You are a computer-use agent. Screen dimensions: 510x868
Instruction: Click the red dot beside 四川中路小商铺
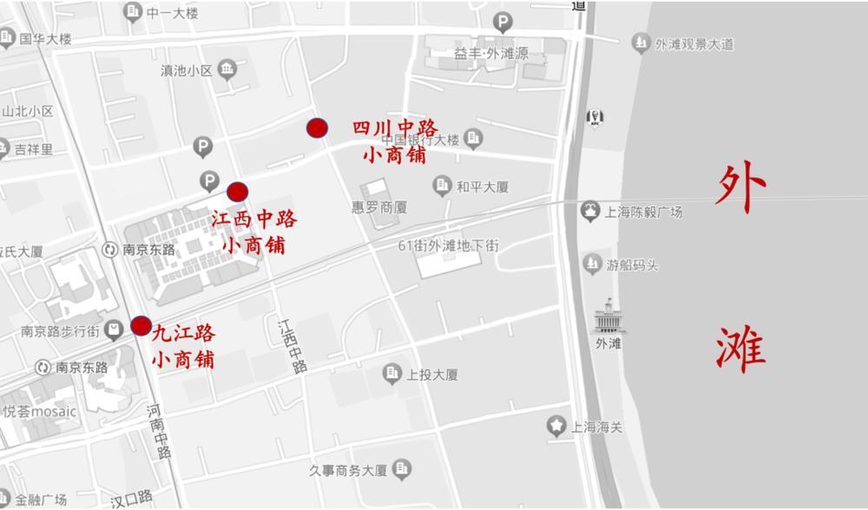coord(318,128)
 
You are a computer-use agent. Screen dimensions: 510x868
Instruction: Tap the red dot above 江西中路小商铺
coord(237,192)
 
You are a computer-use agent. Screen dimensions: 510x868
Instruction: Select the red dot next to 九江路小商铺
coord(141,326)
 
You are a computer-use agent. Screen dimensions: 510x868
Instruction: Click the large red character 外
coord(741,186)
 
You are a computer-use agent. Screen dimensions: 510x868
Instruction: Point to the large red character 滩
coord(741,349)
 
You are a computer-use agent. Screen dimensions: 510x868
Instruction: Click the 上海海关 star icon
coord(556,426)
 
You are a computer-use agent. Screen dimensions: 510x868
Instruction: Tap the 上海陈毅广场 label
coord(644,212)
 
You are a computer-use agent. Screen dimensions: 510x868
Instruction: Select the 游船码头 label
coord(632,265)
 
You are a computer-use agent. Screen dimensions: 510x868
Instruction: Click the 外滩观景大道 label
coord(694,43)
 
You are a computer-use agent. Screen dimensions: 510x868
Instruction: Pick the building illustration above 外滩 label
coord(608,317)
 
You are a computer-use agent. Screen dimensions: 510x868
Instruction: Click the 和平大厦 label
coord(483,186)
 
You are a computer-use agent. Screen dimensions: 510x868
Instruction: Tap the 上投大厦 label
coord(432,375)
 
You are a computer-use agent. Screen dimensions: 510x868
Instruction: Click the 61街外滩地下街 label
coord(449,245)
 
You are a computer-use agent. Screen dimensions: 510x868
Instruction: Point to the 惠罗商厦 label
coord(379,208)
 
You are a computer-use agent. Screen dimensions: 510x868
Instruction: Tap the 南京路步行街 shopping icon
coord(114,330)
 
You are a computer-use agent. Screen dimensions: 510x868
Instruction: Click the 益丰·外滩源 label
coord(490,53)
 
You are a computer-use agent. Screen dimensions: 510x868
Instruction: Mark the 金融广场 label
coord(41,500)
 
